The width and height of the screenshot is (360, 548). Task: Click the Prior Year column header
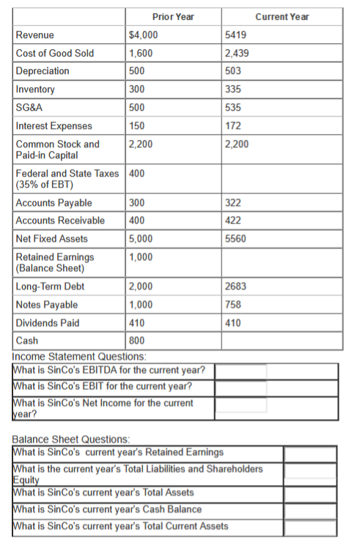coord(173,16)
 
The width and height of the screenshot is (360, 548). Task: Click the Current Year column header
coord(282,16)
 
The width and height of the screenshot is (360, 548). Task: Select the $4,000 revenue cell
coord(142,34)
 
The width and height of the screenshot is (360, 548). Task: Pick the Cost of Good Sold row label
coord(55,53)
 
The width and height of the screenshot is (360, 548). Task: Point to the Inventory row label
coord(35,89)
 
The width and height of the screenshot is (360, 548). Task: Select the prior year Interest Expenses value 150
coord(136,126)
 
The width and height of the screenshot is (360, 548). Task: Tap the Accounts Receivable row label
coord(60,220)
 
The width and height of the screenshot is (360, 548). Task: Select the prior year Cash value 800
coord(136,340)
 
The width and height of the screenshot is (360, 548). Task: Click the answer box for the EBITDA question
coord(240,370)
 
